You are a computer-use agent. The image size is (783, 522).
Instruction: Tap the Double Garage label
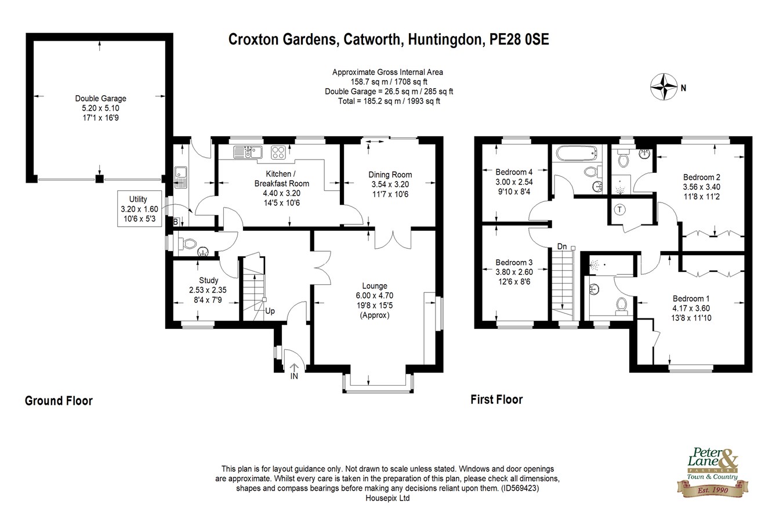click(x=100, y=99)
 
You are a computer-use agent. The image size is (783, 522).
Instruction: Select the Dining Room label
click(x=390, y=175)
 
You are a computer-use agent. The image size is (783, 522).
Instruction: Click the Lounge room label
click(x=374, y=286)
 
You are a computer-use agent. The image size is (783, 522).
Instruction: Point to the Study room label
click(x=208, y=281)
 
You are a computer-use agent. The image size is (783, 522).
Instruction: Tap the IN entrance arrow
click(x=294, y=369)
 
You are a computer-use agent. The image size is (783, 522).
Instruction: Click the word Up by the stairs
click(x=270, y=311)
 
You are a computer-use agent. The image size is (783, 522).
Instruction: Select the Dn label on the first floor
click(x=561, y=246)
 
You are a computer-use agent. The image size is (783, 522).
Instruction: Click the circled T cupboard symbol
click(x=620, y=209)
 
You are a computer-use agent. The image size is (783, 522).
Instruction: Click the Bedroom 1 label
click(x=687, y=299)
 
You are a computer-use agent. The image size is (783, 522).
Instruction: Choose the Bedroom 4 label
click(x=513, y=172)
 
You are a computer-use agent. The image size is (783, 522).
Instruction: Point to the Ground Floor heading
click(x=59, y=401)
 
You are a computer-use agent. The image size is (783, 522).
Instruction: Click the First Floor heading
click(x=496, y=400)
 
